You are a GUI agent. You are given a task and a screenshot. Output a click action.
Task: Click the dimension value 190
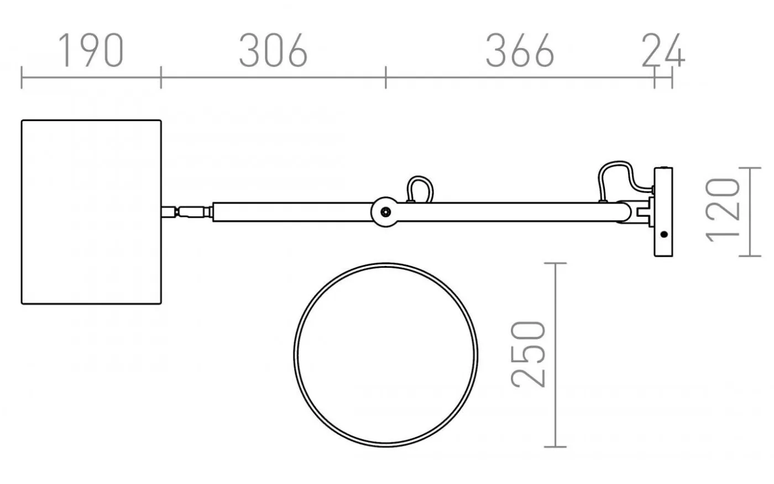pos(91,51)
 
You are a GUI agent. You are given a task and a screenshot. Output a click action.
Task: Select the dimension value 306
pos(273,51)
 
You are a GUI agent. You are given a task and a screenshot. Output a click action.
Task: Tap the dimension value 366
pos(519,51)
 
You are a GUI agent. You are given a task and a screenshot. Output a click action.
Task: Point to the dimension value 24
pos(663,51)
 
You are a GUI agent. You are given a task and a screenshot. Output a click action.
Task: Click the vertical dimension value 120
pos(724,210)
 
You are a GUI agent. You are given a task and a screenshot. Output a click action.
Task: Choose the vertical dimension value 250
pos(529,354)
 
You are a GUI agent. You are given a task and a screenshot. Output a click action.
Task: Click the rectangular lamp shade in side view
pos(91,212)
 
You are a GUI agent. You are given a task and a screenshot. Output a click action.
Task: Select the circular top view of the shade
pos(385,355)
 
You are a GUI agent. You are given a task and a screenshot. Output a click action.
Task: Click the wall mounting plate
pos(663,212)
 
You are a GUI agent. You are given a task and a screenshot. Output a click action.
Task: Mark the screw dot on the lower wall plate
pos(664,234)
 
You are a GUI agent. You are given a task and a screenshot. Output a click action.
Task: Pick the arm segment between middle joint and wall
pos(503,212)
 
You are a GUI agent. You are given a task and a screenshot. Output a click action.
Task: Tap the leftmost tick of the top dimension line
pos(22,77)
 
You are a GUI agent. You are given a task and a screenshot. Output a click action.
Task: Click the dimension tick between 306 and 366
pos(386,77)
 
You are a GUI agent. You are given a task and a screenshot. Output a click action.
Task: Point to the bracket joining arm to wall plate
pos(641,212)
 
